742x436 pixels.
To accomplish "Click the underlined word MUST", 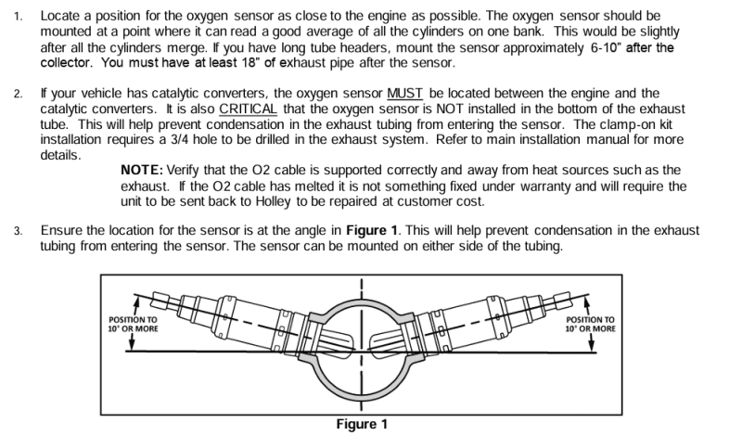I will (404, 94).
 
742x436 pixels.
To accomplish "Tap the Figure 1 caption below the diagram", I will (362, 425).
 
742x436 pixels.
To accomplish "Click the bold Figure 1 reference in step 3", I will (374, 229).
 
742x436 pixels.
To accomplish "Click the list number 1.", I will (20, 18).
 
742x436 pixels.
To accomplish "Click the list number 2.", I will (20, 94).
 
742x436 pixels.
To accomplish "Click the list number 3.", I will (20, 230).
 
